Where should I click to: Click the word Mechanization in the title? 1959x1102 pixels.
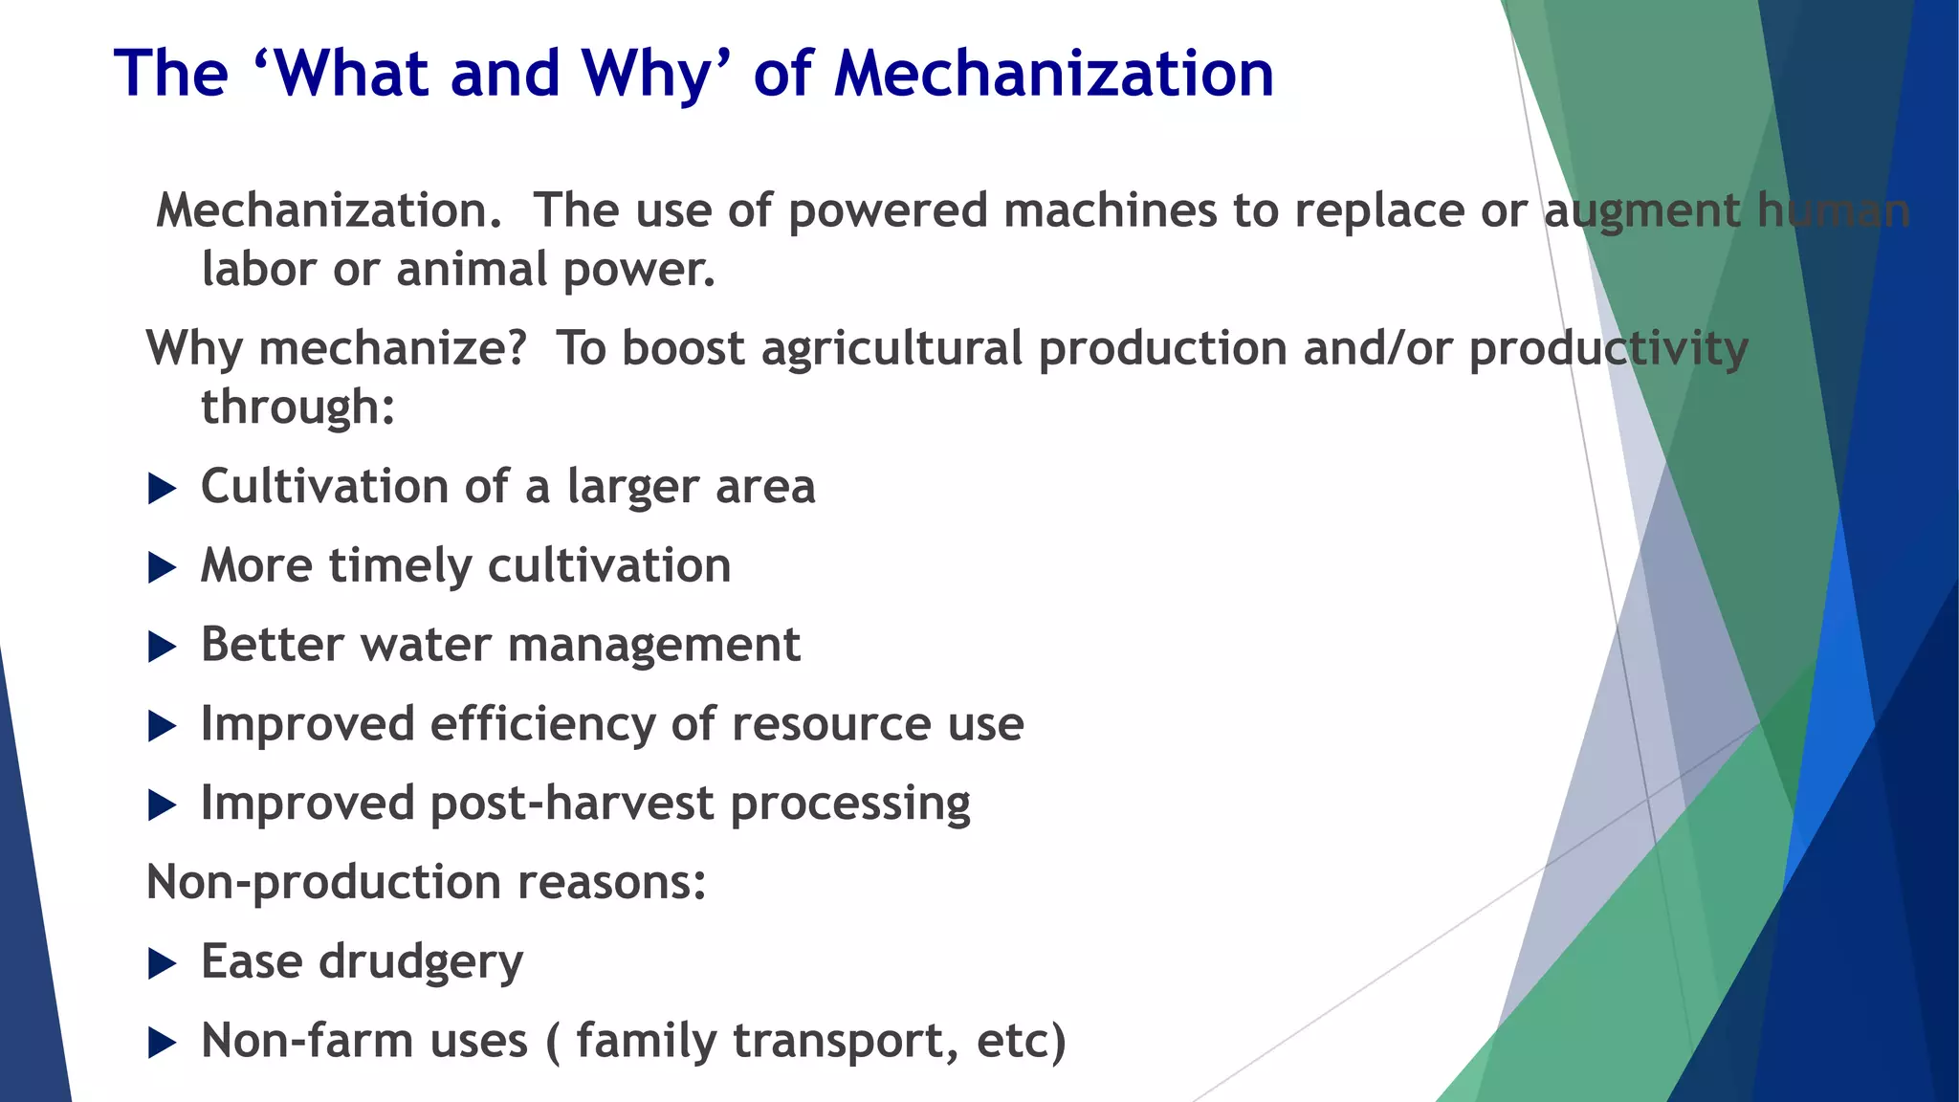(1054, 74)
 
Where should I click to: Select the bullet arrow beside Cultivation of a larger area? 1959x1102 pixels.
(163, 489)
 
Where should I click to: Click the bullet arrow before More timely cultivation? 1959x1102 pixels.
(163, 568)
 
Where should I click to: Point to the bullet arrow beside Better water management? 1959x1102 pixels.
(163, 648)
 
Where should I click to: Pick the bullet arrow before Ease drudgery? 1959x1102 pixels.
(163, 963)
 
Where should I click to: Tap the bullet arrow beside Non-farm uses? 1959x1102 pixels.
(163, 1043)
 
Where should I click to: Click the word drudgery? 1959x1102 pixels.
(421, 962)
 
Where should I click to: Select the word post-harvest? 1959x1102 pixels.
(572, 804)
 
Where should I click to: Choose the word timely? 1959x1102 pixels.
(400, 566)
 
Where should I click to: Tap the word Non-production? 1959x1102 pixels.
(323, 882)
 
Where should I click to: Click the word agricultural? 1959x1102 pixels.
(891, 349)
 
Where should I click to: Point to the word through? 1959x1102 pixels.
(297, 408)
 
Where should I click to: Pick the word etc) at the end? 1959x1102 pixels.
(1021, 1042)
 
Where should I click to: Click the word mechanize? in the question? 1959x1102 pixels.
(392, 349)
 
